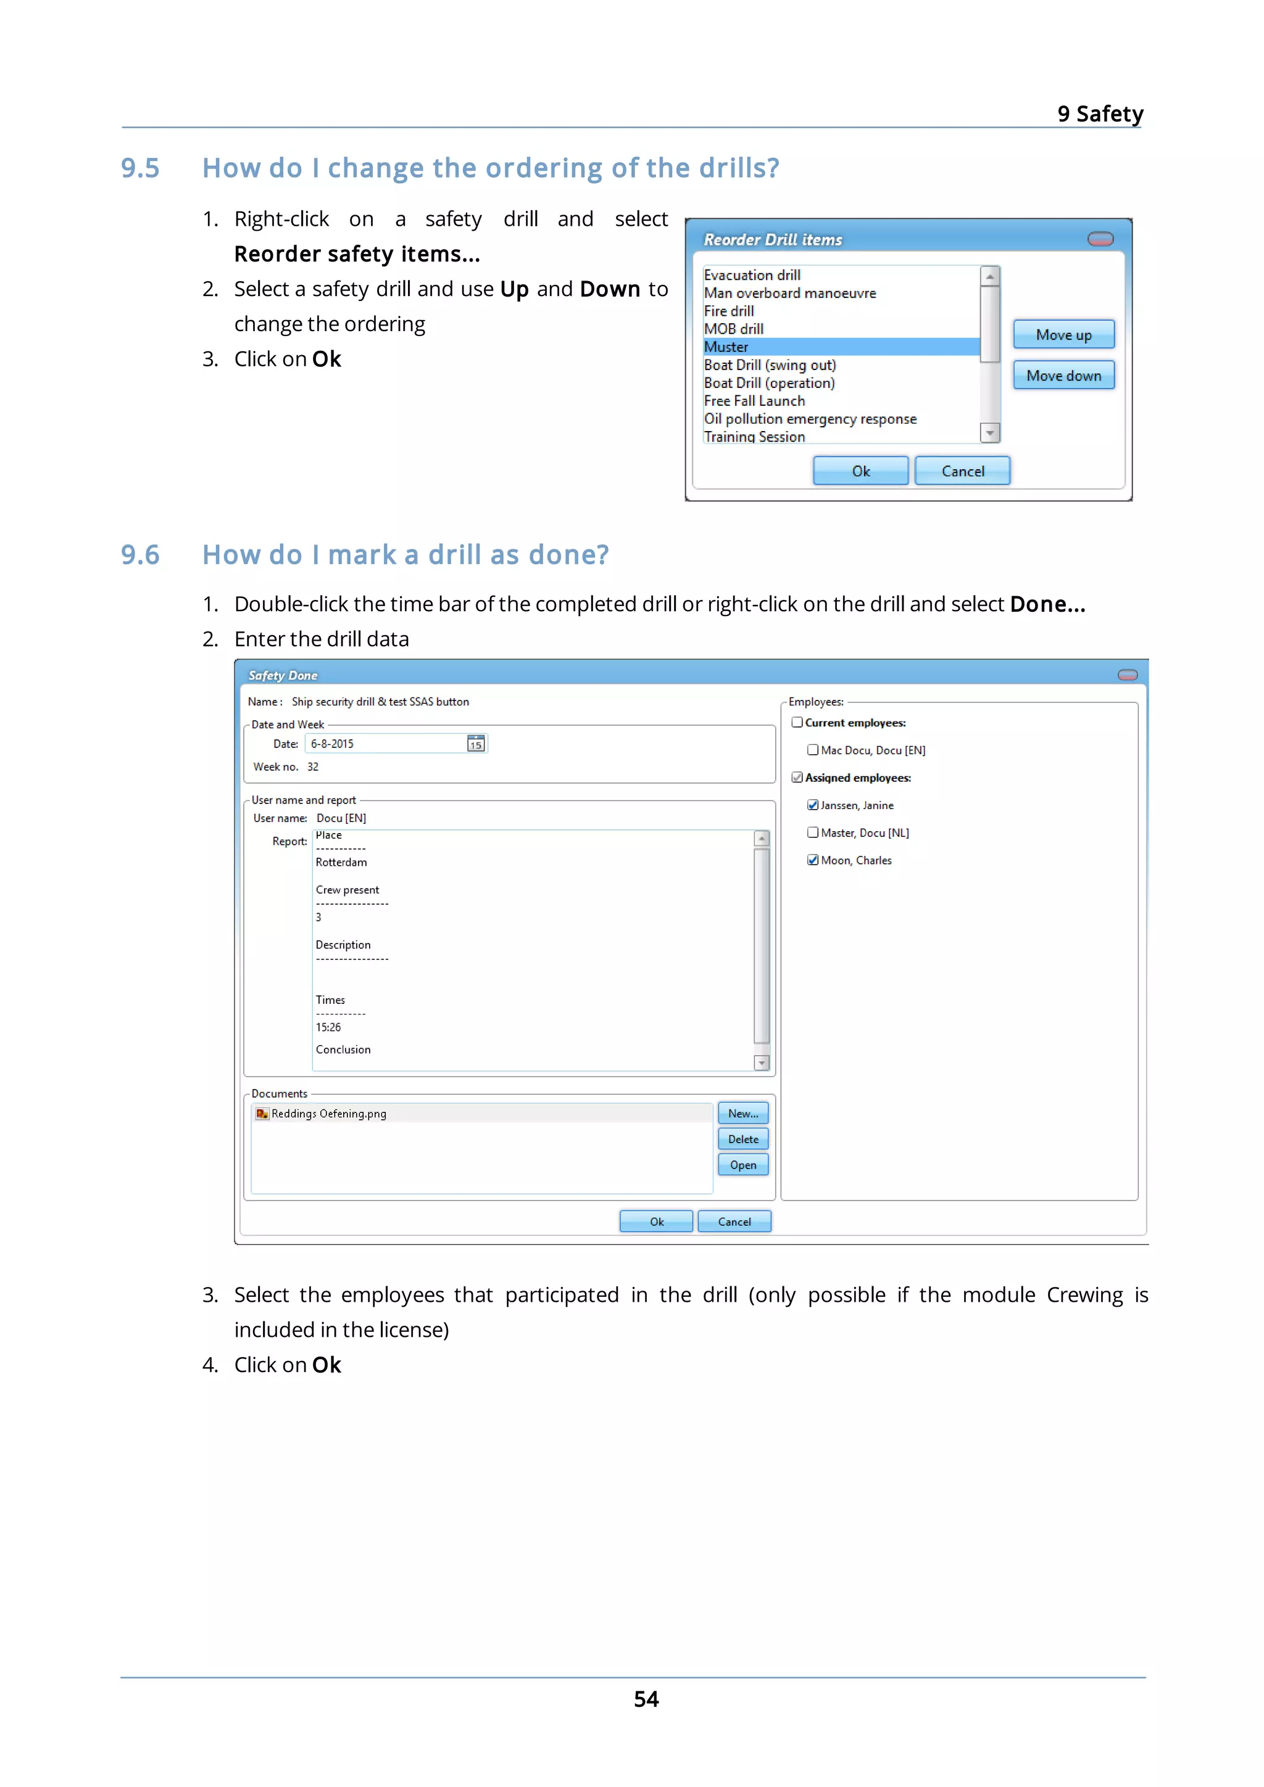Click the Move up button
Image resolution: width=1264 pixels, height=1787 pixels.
pyautogui.click(x=1062, y=335)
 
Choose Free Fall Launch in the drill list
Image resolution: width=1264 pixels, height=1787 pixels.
pyautogui.click(x=754, y=401)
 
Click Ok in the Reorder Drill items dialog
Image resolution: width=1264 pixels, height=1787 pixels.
pyautogui.click(x=860, y=471)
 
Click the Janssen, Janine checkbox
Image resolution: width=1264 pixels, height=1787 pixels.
pyautogui.click(x=812, y=805)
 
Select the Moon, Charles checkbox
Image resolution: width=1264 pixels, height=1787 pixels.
pyautogui.click(x=812, y=860)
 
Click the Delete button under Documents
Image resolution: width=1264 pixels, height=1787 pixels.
pyautogui.click(x=742, y=1140)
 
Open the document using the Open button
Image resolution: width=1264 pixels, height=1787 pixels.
pyautogui.click(x=742, y=1165)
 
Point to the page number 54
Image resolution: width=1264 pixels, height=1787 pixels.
pyautogui.click(x=646, y=1699)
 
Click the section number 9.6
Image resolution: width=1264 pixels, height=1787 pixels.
pyautogui.click(x=140, y=555)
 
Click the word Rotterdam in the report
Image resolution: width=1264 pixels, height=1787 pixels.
pyautogui.click(x=341, y=863)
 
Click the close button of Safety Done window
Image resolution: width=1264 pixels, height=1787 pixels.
pyautogui.click(x=1127, y=675)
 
